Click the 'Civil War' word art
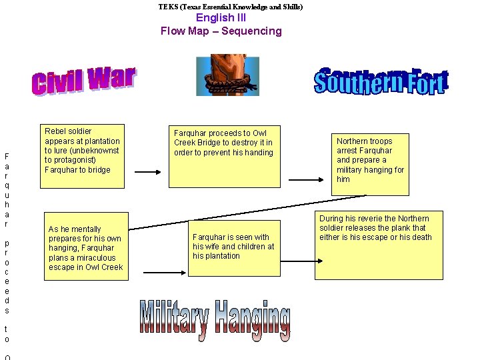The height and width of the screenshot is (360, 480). coord(83,81)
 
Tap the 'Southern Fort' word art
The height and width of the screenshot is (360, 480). coord(381,81)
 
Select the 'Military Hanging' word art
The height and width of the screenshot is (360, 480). coord(215,320)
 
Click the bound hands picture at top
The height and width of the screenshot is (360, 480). coord(227,75)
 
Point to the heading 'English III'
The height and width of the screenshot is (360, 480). coord(221,18)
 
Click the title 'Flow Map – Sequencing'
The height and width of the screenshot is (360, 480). coord(221,31)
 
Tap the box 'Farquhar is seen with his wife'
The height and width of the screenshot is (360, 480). coord(233,247)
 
